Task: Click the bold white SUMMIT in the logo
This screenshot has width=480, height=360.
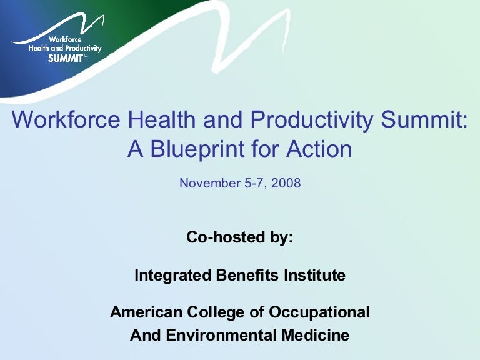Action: click(x=64, y=57)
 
